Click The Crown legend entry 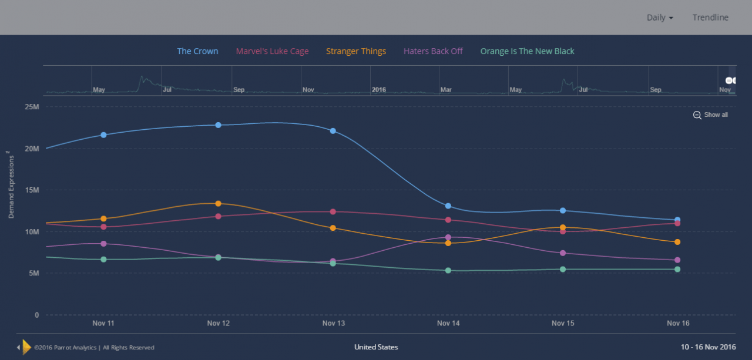[197, 51]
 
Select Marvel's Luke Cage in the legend [272, 51]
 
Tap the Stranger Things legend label [356, 51]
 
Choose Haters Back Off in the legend [433, 51]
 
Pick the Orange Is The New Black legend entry [527, 51]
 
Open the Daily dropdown [660, 18]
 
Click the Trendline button [710, 18]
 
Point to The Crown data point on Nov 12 [219, 125]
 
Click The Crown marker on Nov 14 [448, 206]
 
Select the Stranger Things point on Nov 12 [219, 204]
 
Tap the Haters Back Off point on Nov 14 [448, 237]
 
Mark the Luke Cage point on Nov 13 [333, 211]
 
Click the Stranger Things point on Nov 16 [677, 242]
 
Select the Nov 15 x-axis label [563, 324]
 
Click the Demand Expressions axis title [11, 184]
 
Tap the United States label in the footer [376, 347]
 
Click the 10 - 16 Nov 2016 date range [708, 347]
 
